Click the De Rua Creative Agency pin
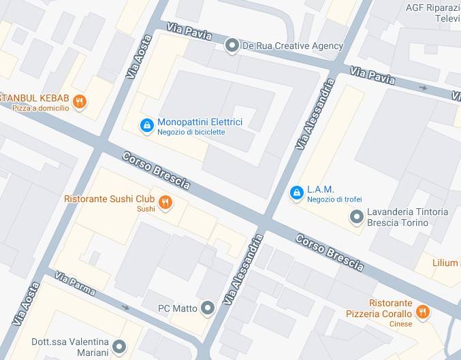(232, 46)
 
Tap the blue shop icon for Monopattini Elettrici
(146, 125)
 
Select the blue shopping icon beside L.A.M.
(296, 193)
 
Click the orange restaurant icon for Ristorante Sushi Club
(165, 201)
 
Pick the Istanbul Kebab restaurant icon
(80, 102)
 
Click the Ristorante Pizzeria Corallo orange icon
(423, 312)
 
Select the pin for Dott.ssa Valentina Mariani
(119, 346)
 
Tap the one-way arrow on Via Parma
(125, 307)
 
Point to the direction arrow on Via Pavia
(424, 87)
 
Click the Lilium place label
(445, 263)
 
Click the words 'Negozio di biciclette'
(191, 132)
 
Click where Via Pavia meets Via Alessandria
(335, 69)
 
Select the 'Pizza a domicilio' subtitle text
(40, 108)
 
